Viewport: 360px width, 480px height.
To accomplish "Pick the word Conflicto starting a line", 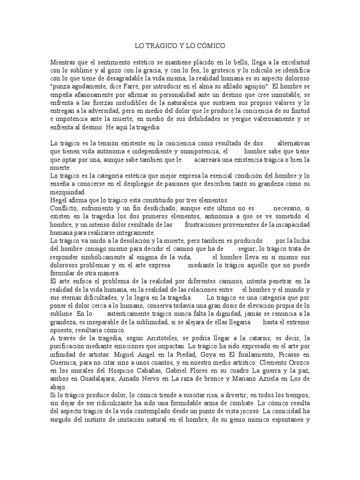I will pyautogui.click(x=63, y=208).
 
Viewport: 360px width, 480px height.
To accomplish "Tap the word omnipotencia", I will pyautogui.click(x=191, y=151).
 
